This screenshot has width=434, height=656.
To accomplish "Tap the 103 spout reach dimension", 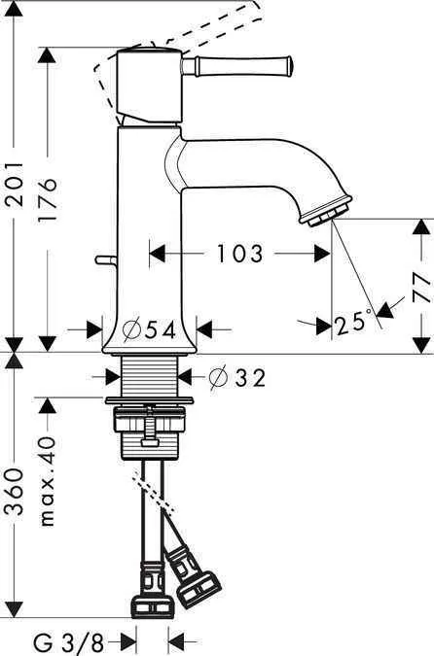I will pyautogui.click(x=239, y=255).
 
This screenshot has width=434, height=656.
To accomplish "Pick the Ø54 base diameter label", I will pyautogui.click(x=152, y=329).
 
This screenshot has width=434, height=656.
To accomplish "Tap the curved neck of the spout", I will pyautogui.click(x=185, y=160).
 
